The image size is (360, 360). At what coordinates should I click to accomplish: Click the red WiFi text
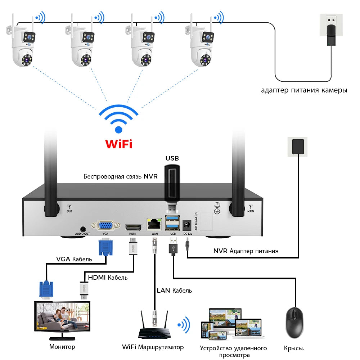(118, 144)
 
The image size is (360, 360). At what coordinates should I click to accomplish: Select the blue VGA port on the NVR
(105, 226)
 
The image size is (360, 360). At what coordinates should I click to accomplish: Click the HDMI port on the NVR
(133, 228)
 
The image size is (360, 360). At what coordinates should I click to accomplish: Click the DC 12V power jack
(187, 225)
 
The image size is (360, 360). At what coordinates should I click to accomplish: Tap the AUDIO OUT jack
(83, 229)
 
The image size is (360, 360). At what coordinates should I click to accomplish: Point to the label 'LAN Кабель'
(174, 290)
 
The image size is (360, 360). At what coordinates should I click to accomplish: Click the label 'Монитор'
(62, 347)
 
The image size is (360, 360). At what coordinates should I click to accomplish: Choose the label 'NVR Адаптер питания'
(246, 251)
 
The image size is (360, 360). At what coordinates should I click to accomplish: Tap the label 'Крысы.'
(294, 348)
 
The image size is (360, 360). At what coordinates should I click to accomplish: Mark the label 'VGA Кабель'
(74, 259)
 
